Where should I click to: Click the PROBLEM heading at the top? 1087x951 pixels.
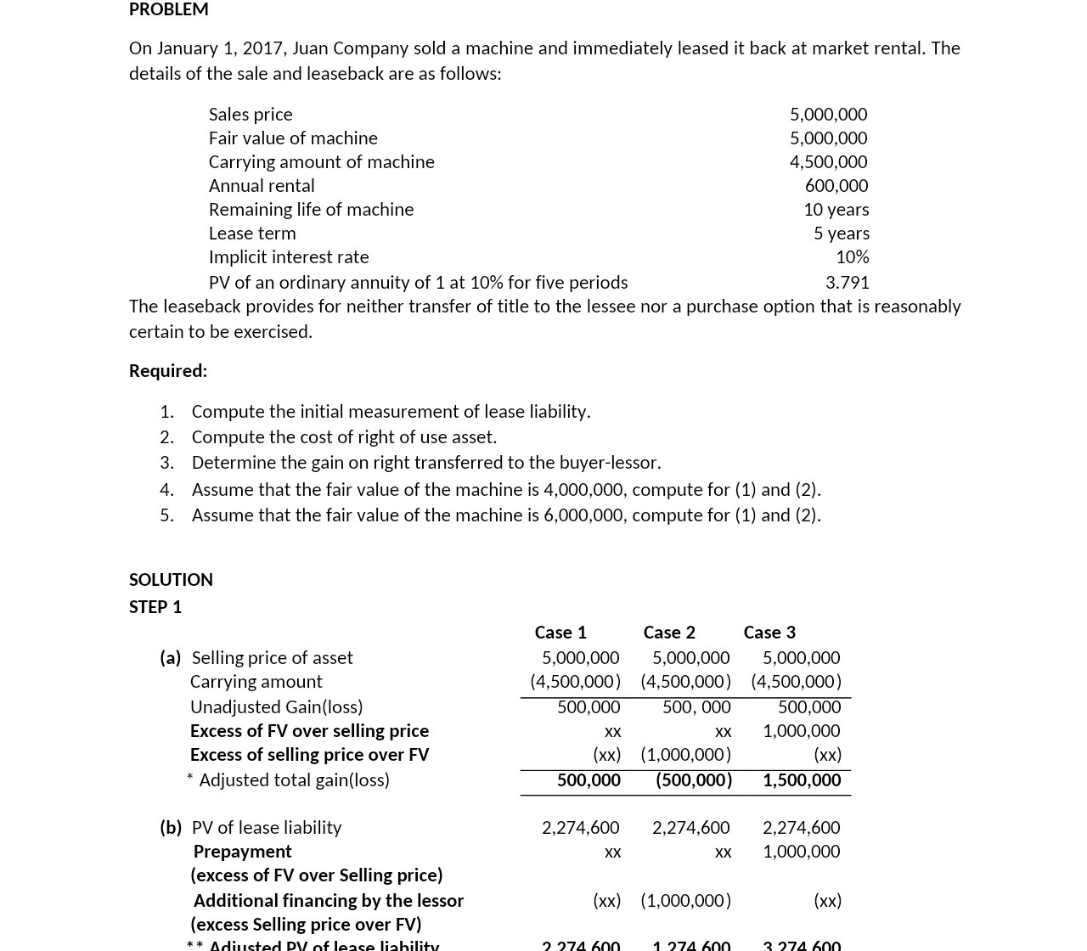[x=168, y=9]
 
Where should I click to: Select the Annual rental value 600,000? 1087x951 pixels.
[x=836, y=185]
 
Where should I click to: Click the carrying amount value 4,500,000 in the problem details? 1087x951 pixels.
[x=828, y=161]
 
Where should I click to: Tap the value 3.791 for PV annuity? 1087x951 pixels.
[x=847, y=282]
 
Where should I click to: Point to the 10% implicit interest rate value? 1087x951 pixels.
[x=852, y=256]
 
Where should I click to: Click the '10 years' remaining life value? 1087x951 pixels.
[x=836, y=209]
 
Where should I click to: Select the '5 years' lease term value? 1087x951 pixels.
[x=841, y=233]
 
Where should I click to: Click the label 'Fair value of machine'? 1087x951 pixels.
[x=293, y=138]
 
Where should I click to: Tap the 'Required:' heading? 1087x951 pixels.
[x=168, y=370]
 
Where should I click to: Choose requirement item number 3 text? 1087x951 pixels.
[x=425, y=462]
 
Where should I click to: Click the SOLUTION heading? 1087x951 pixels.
[x=171, y=579]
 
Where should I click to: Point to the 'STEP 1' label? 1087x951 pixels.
[x=155, y=606]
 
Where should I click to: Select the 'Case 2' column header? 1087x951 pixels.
[x=669, y=632]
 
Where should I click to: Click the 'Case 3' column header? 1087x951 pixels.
[x=769, y=632]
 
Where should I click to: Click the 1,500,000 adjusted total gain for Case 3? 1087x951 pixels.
[x=801, y=779]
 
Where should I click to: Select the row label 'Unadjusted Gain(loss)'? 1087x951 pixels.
[x=276, y=706]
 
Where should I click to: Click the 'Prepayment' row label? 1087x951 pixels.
[x=242, y=851]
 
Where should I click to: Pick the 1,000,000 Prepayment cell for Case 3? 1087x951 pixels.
[x=801, y=851]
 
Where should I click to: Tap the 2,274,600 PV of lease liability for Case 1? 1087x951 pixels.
[x=580, y=827]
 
